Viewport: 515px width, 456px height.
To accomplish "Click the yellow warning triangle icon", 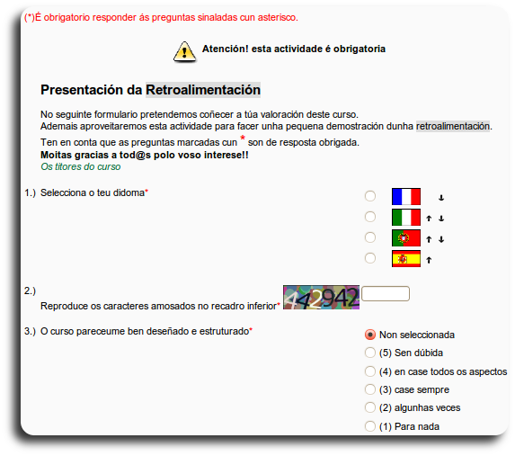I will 184,50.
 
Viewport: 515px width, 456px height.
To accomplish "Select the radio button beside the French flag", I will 370,196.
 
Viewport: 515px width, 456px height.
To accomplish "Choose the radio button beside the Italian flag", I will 370,217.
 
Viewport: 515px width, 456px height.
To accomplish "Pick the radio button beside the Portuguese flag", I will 370,237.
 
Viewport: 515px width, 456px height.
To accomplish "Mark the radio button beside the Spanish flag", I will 370,258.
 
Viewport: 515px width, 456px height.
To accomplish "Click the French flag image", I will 406,196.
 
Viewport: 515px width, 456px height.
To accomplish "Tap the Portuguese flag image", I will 406,237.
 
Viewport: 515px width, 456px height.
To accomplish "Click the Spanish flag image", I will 406,259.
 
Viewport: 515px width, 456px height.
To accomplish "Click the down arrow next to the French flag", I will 441,197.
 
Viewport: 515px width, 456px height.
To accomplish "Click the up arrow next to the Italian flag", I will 430,218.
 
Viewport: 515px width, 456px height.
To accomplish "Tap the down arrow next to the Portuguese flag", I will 441,238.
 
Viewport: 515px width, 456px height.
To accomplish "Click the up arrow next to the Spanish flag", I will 430,260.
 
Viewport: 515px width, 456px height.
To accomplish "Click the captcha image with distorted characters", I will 321,298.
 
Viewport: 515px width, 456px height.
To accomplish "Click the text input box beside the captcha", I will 385,294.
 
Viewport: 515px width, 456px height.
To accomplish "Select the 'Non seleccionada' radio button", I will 370,335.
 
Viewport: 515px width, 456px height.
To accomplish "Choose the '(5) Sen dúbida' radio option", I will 370,353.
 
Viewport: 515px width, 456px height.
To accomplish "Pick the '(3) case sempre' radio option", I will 370,389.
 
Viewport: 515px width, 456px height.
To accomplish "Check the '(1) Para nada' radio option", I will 370,426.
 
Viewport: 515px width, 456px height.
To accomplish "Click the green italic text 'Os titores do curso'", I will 81,166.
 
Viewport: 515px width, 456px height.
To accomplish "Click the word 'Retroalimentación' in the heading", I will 203,90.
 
